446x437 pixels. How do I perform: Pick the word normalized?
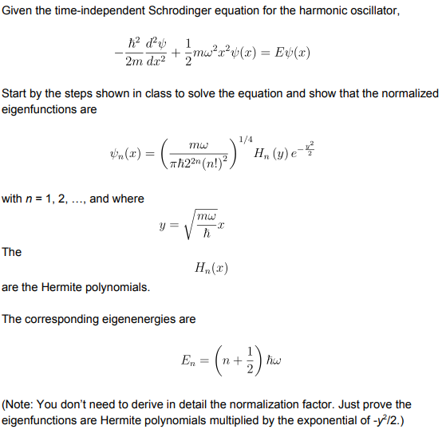pyautogui.click(x=405, y=94)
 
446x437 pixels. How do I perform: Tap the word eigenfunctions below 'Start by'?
pyautogui.click(x=37, y=108)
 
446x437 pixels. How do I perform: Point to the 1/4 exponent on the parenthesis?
pyautogui.click(x=245, y=139)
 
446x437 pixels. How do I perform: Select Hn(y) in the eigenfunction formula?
pyautogui.click(x=270, y=154)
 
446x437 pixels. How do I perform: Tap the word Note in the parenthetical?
pyautogui.click(x=20, y=404)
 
